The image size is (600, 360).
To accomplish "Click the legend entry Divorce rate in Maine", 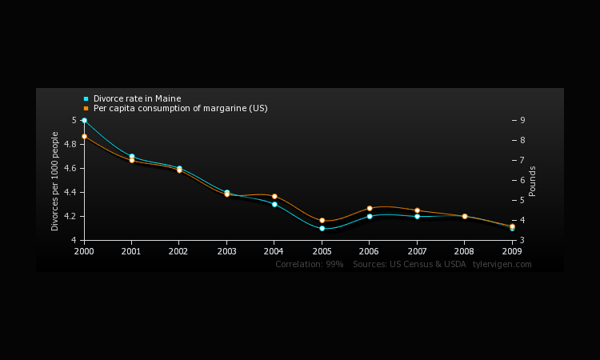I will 137,99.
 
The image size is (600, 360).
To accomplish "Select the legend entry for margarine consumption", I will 180,108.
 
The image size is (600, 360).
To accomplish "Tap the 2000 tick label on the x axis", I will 84,250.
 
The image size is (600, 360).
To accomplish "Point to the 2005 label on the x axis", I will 322,250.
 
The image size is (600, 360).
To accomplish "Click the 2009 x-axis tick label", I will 512,250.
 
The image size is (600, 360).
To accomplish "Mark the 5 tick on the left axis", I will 74,120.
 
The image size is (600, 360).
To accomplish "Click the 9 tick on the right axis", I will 522,120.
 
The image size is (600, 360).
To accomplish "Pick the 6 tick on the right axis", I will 522,180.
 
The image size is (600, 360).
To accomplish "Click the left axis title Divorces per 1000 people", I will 56,181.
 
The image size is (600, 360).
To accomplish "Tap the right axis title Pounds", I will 533,181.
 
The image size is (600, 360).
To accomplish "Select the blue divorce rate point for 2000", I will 84,120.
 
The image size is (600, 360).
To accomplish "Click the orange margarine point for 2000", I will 84,136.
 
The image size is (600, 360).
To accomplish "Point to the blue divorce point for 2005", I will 322,228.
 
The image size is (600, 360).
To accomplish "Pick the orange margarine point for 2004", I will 274,196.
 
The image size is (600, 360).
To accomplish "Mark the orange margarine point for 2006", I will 369,208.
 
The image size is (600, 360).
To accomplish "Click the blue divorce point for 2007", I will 417,216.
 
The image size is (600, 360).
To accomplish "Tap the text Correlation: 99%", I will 309,264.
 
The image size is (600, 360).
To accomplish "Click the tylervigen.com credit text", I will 502,264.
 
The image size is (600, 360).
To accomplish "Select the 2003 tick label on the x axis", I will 226,250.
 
